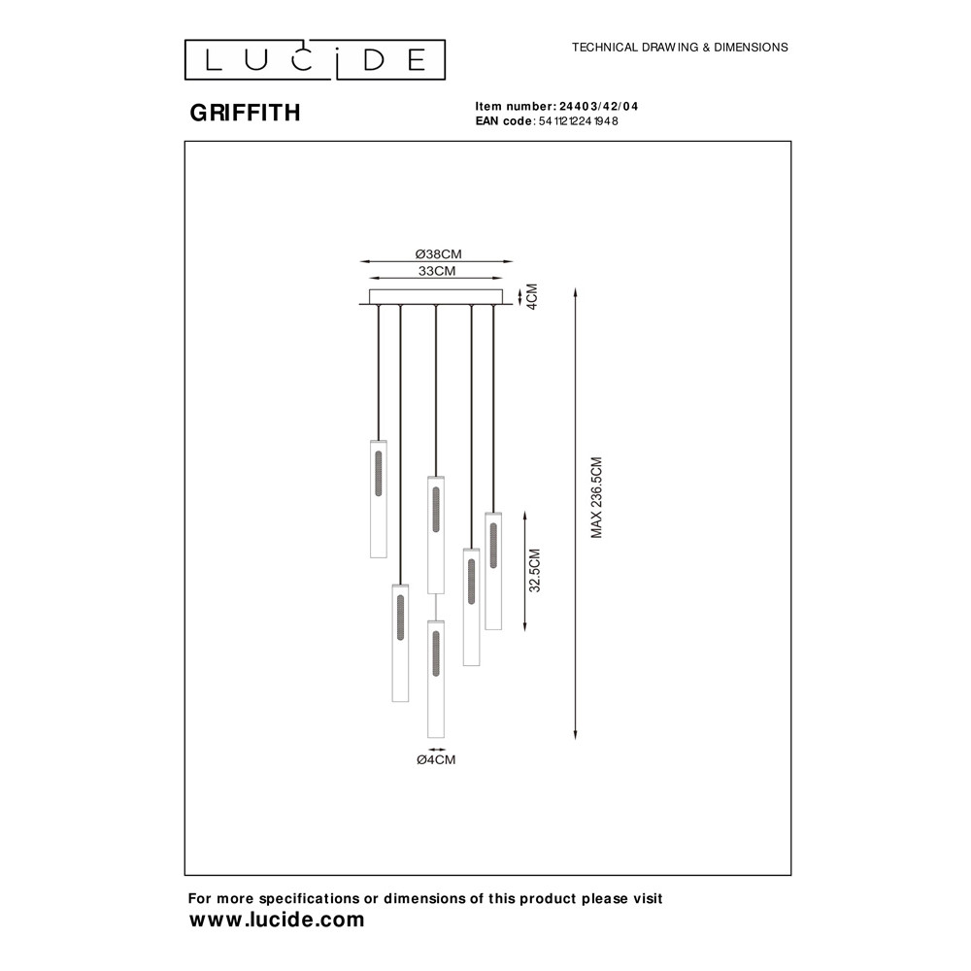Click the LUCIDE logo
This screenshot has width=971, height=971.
click(315, 60)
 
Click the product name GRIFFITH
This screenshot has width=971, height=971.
click(246, 113)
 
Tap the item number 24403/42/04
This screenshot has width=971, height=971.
click(598, 107)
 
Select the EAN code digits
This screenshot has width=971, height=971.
click(578, 121)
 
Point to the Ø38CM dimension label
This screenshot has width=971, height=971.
click(439, 253)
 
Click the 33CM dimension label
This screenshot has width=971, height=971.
click(437, 271)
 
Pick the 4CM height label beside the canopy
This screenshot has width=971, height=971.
click(532, 296)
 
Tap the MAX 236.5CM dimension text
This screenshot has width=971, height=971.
click(596, 498)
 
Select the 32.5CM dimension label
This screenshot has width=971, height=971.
click(534, 570)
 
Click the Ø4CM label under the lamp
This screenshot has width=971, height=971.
click(436, 760)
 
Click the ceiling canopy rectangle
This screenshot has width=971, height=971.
click(436, 297)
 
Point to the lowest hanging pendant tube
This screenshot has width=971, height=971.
click(436, 680)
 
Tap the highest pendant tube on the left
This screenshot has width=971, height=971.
click(379, 499)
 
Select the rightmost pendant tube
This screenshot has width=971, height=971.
click(493, 571)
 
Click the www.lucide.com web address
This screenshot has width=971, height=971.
click(277, 920)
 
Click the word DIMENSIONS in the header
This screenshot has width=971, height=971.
click(752, 47)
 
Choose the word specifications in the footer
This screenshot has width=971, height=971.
click(310, 898)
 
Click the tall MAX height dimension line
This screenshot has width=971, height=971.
click(575, 514)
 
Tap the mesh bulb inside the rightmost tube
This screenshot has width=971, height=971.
click(493, 546)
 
